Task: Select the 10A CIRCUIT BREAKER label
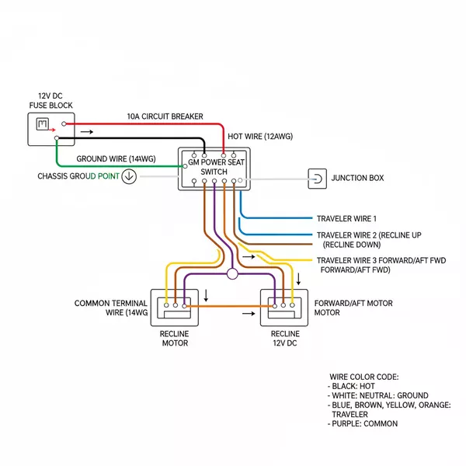(x=165, y=116)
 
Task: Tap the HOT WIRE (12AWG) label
(x=261, y=136)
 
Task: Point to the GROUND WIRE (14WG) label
(x=116, y=158)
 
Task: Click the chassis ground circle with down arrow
(x=130, y=176)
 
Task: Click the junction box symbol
(x=318, y=178)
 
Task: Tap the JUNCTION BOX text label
(x=357, y=178)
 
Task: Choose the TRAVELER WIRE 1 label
(x=346, y=218)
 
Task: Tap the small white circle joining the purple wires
(x=231, y=274)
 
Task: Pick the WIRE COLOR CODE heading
(x=363, y=376)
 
